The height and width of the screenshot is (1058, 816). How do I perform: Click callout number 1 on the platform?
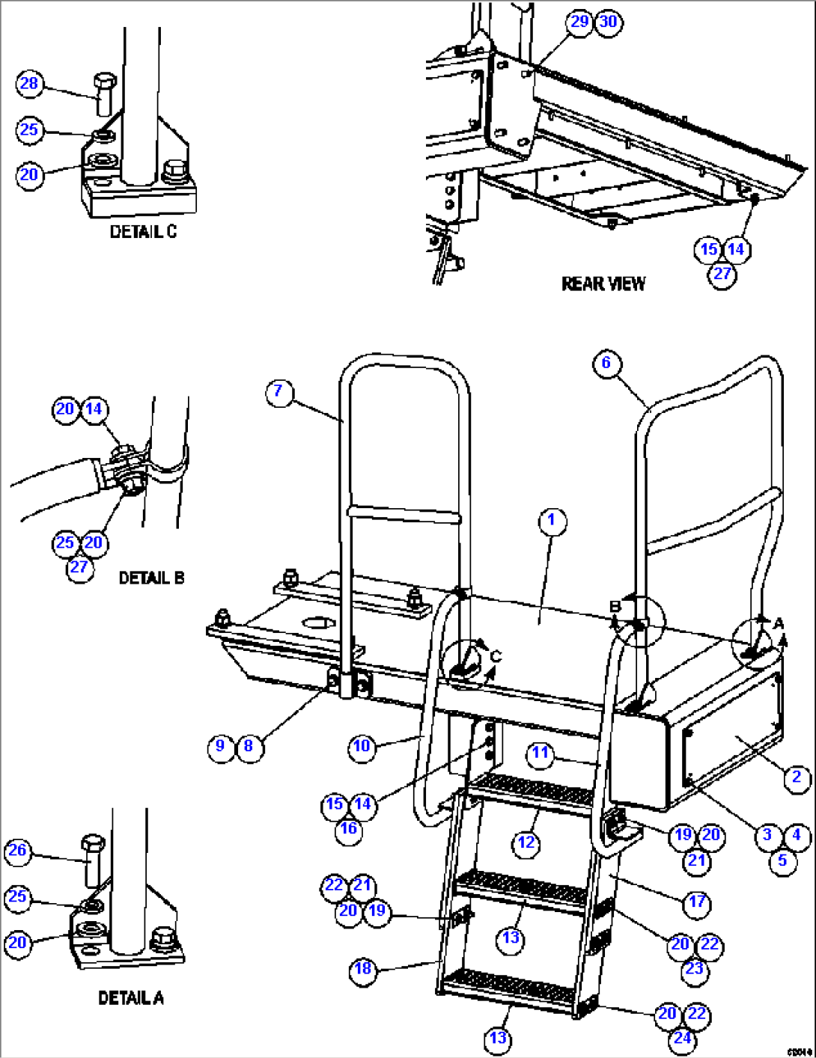click(552, 521)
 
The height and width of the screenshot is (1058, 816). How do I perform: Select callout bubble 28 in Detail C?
click(29, 83)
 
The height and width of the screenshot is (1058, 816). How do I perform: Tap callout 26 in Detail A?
click(16, 851)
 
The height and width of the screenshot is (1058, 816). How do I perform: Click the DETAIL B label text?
click(151, 578)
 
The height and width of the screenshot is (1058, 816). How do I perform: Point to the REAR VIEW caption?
click(603, 284)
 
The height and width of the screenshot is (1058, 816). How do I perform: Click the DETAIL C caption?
click(143, 232)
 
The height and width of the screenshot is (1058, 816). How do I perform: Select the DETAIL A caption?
click(131, 997)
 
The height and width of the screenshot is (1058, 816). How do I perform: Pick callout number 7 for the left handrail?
click(278, 391)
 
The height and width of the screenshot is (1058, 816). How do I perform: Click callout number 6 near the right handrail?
click(606, 363)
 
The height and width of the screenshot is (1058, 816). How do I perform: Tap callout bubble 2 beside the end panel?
click(797, 777)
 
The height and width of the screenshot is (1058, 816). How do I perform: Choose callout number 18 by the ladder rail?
click(362, 969)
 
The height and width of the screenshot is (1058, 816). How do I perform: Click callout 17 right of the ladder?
click(697, 902)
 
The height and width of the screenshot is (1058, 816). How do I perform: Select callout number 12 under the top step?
click(526, 843)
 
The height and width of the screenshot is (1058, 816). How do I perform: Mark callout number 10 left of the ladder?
click(362, 746)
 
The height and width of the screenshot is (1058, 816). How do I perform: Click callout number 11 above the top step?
click(541, 753)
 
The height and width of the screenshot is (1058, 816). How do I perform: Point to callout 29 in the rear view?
click(580, 22)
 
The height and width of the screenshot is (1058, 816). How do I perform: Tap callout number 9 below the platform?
click(220, 746)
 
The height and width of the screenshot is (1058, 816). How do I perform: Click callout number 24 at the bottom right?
click(682, 1039)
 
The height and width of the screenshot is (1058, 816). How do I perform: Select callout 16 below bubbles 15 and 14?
click(348, 828)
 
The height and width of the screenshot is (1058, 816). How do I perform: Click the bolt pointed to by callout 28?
click(104, 94)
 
